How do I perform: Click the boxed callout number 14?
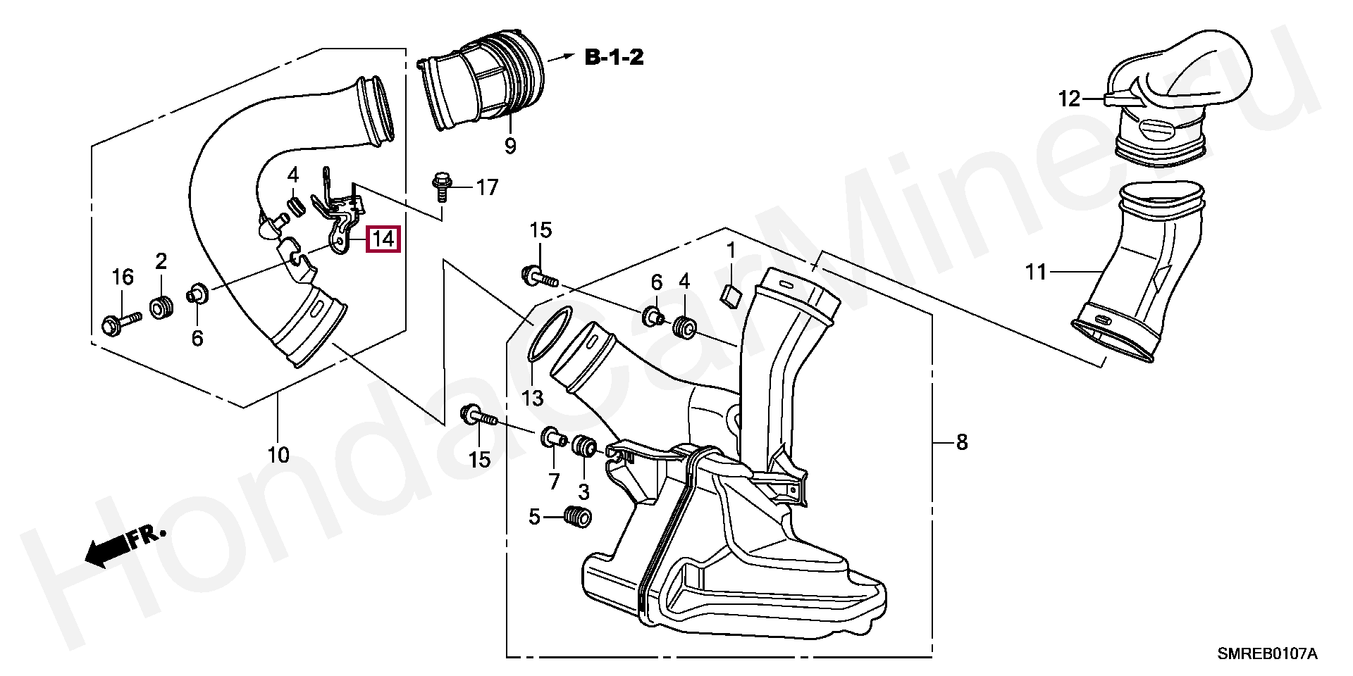384,239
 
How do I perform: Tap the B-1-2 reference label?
614,57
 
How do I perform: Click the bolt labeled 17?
442,184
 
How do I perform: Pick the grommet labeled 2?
161,308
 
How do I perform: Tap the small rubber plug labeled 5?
579,517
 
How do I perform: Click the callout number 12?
1069,99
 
